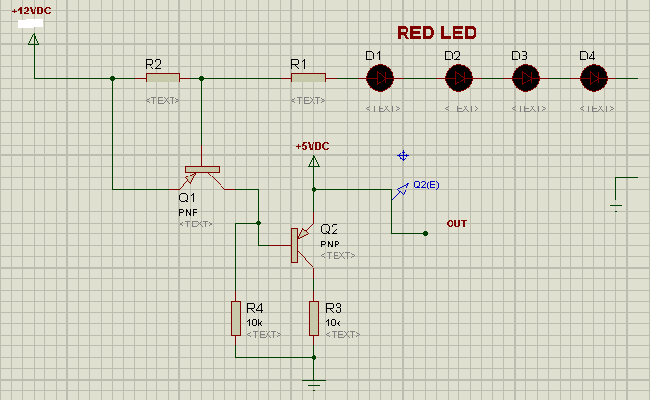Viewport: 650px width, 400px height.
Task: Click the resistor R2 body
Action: (162, 78)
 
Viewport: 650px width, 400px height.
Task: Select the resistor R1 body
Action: (309, 78)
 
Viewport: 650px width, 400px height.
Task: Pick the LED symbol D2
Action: (459, 77)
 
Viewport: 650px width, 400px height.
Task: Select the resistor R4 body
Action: (235, 318)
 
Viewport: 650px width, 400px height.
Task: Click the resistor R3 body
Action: (313, 318)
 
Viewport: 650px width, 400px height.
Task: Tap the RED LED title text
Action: (436, 33)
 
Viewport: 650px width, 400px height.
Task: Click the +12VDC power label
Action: (33, 12)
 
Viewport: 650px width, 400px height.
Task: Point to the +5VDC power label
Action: (313, 146)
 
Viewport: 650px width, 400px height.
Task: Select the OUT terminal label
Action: (456, 224)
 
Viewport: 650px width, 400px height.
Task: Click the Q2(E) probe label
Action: (427, 184)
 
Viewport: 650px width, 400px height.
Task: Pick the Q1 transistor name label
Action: (186, 197)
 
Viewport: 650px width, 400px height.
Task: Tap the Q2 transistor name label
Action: (329, 230)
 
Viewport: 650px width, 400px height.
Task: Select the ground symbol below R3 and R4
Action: (313, 384)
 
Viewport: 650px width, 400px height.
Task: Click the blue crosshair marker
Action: (403, 155)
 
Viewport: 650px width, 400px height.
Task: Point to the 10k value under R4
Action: (253, 323)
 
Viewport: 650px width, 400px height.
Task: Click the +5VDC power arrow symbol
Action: (313, 161)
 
